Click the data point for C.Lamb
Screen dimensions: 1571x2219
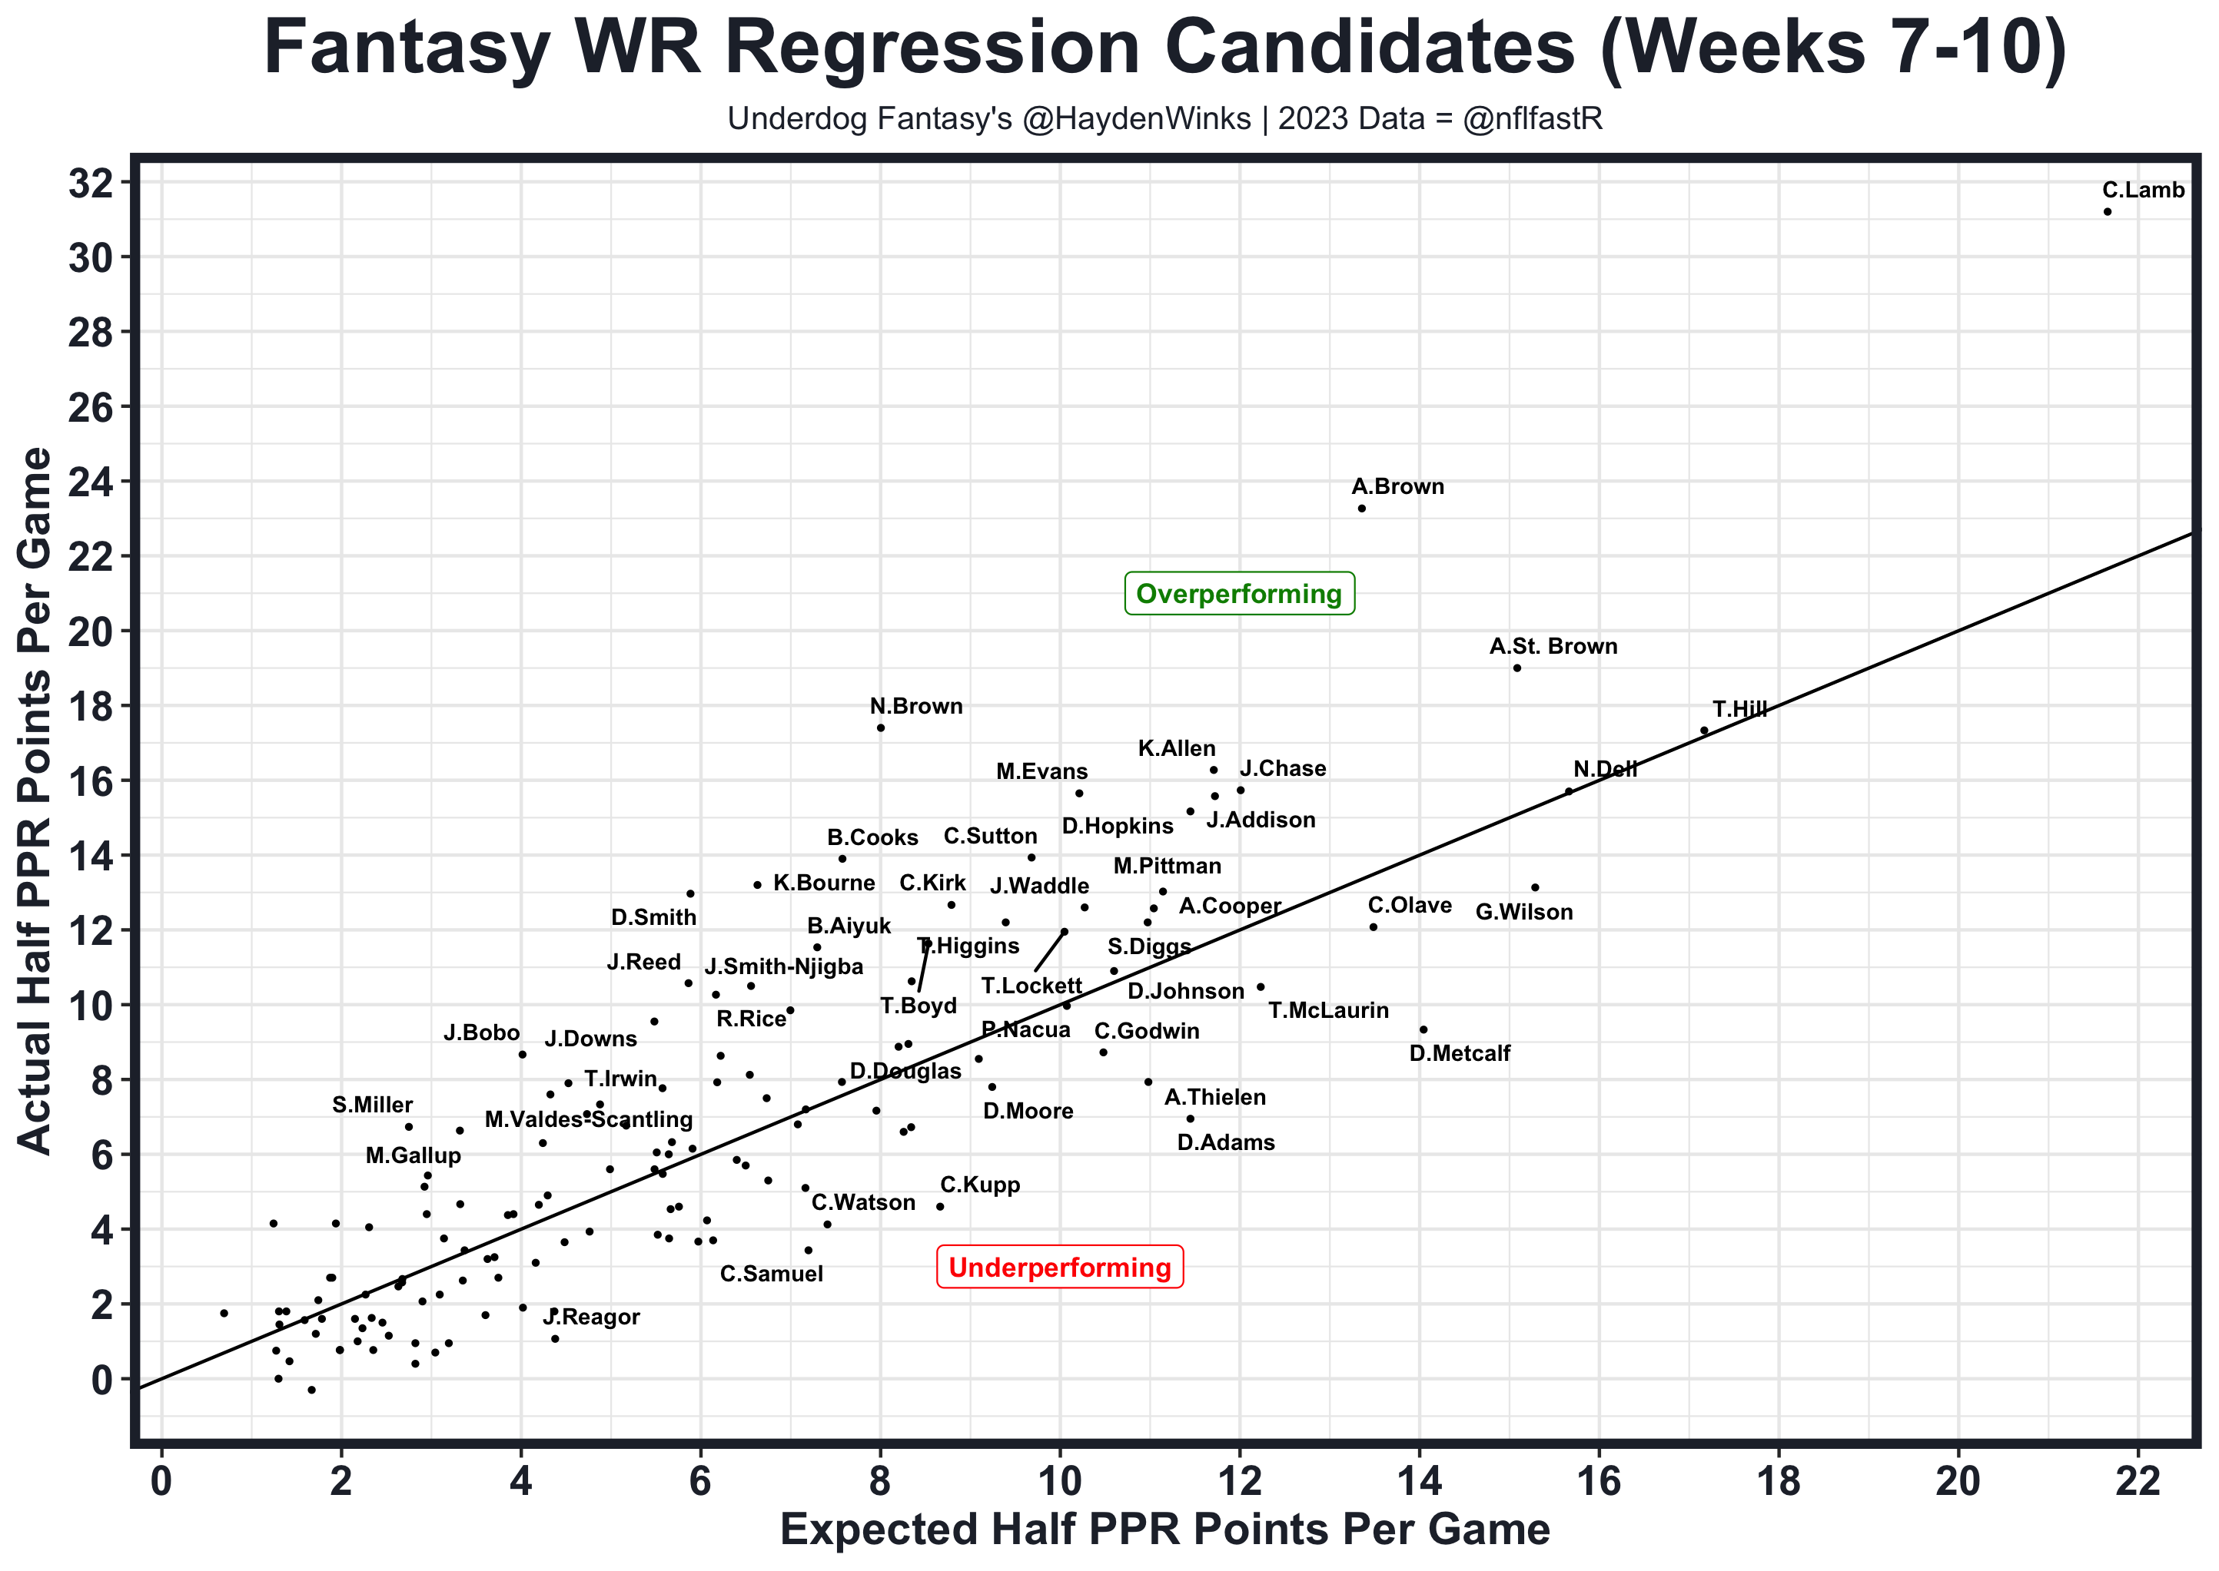pos(2108,212)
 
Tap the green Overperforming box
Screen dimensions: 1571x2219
pos(1239,594)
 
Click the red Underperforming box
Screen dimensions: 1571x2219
pos(1060,1268)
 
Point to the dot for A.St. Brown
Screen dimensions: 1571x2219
pos(1516,668)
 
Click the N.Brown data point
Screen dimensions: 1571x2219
pos(881,727)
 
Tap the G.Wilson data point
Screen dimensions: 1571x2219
pos(1535,887)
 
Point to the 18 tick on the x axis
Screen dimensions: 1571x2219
pos(1779,1483)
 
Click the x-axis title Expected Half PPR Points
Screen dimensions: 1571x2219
pos(1165,1530)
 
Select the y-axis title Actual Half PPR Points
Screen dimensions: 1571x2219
pos(37,801)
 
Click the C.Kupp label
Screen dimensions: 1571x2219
pos(979,1186)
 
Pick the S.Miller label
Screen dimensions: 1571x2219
pos(373,1105)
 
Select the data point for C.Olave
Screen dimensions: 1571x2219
pos(1374,926)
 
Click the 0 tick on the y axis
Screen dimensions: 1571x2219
pos(101,1380)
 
